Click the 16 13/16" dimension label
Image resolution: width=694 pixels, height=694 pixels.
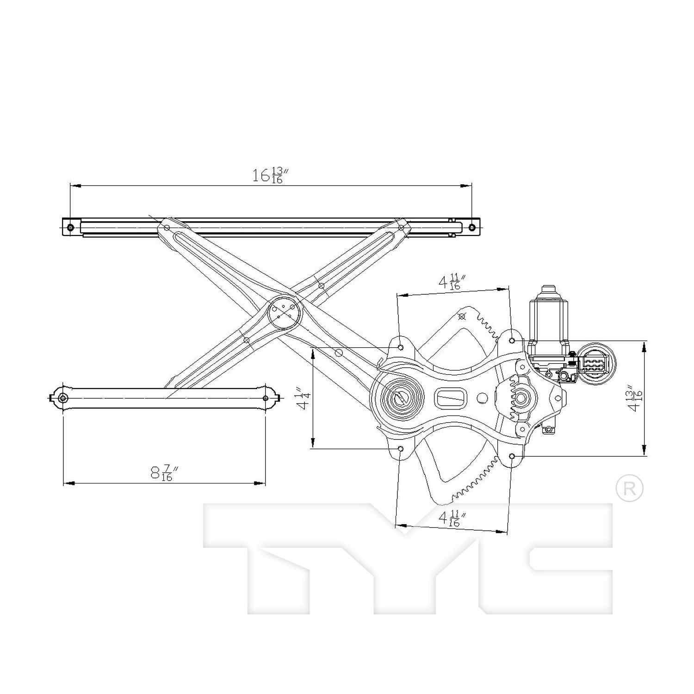pyautogui.click(x=270, y=175)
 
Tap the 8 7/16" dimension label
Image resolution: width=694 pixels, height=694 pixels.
pyautogui.click(x=164, y=473)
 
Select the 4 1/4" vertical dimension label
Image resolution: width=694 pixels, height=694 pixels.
pyautogui.click(x=304, y=398)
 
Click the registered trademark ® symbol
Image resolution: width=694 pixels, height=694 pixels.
pyautogui.click(x=629, y=488)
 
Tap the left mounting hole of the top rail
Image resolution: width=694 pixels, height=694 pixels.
pyautogui.click(x=70, y=227)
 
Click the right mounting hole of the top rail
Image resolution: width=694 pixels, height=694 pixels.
pyautogui.click(x=472, y=227)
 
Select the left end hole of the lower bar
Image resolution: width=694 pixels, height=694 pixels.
pyautogui.click(x=63, y=398)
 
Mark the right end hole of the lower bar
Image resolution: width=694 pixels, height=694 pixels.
pyautogui.click(x=266, y=398)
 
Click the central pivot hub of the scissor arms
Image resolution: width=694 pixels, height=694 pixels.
pyautogui.click(x=284, y=311)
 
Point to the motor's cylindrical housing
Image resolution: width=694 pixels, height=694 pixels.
pyautogui.click(x=548, y=319)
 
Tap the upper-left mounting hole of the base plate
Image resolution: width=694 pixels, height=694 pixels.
pyautogui.click(x=401, y=347)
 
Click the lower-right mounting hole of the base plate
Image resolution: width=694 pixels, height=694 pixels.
pyautogui.click(x=512, y=456)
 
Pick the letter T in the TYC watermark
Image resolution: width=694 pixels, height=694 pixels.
pyautogui.click(x=278, y=555)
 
